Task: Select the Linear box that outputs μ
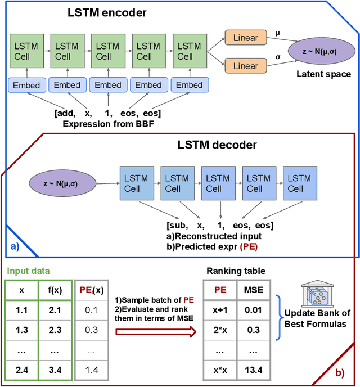[245, 38]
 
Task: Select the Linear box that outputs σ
[245, 66]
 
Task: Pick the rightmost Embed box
[190, 85]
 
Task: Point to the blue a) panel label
[15, 246]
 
